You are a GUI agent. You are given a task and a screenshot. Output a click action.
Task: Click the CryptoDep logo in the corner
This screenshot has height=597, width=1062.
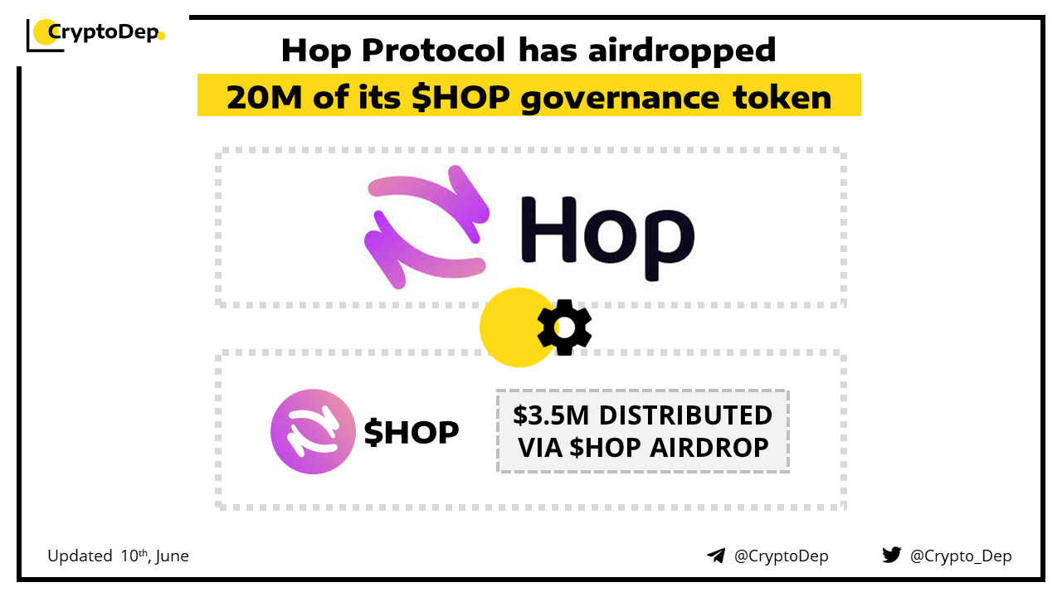click(x=95, y=35)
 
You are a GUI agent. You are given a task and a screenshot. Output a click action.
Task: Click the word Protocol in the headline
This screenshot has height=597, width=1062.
click(x=433, y=51)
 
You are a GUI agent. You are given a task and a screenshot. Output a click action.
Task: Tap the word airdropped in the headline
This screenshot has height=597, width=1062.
click(x=682, y=51)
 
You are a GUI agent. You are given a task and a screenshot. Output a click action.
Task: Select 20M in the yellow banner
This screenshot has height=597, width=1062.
click(x=264, y=97)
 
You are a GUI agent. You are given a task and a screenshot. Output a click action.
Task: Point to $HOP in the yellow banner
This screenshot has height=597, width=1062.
click(x=460, y=97)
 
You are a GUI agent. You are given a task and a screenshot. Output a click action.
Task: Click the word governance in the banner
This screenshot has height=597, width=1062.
click(x=620, y=99)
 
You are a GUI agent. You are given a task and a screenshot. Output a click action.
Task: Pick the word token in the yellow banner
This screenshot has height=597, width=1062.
click(x=782, y=97)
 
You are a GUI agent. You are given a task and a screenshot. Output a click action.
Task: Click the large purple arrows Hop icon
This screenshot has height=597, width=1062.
click(x=426, y=227)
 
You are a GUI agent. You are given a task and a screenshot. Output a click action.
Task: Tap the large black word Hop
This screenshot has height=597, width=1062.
click(x=607, y=236)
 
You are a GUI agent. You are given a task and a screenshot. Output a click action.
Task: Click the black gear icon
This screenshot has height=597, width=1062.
click(x=564, y=328)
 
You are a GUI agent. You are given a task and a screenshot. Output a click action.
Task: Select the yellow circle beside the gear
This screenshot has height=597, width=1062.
click(x=518, y=328)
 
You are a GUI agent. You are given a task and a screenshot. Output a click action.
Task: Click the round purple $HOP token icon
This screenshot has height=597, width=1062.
click(x=313, y=431)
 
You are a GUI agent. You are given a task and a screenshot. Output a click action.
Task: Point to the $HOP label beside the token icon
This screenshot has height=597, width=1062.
click(x=411, y=432)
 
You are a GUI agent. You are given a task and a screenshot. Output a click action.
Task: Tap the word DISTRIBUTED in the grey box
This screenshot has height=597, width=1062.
click(x=685, y=415)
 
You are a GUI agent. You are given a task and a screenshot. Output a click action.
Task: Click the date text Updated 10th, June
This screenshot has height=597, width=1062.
click(x=118, y=556)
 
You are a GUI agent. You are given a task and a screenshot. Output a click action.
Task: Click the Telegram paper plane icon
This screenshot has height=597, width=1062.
click(x=716, y=556)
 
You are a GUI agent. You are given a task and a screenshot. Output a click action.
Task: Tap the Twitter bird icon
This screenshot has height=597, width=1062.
click(x=892, y=555)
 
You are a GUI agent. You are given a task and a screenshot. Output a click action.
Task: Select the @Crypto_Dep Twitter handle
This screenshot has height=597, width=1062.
click(x=961, y=556)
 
